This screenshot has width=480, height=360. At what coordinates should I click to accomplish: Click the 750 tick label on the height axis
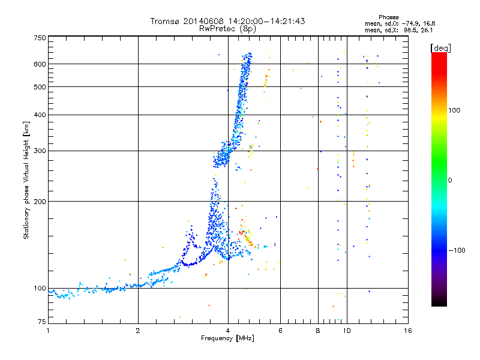(x=40, y=38)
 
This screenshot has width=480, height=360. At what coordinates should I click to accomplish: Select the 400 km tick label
(x=40, y=115)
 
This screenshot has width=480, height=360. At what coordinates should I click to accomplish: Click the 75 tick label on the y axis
(x=41, y=323)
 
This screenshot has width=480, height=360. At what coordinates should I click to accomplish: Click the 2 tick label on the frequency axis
(x=138, y=331)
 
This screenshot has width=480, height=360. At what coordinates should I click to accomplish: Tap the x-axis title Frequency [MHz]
(x=227, y=339)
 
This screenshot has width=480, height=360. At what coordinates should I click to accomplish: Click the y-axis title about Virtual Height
(x=26, y=180)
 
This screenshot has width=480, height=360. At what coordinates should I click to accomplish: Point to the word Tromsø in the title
(x=165, y=21)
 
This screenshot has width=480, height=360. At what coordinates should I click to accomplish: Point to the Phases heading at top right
(x=389, y=17)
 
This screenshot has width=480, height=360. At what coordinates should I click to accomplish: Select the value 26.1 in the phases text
(x=427, y=30)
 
